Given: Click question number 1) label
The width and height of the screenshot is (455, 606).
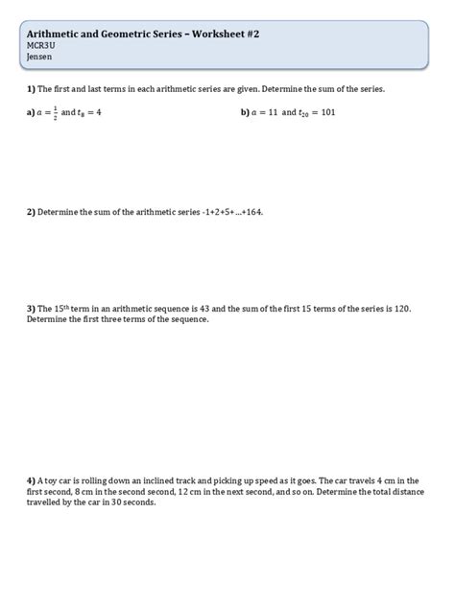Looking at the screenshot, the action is pyautogui.click(x=31, y=88).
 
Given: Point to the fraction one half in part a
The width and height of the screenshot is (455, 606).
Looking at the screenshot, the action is pyautogui.click(x=56, y=111).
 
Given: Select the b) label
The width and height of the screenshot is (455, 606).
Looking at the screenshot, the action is pyautogui.click(x=246, y=112).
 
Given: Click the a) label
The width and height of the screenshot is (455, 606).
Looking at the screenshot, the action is pyautogui.click(x=31, y=112).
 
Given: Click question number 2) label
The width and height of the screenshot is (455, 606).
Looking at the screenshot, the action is pyautogui.click(x=31, y=212).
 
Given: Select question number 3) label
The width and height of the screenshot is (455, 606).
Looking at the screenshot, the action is pyautogui.click(x=31, y=309).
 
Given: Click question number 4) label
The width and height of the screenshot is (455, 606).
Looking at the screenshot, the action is pyautogui.click(x=31, y=479).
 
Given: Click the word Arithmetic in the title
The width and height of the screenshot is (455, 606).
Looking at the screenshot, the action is pyautogui.click(x=56, y=34).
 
